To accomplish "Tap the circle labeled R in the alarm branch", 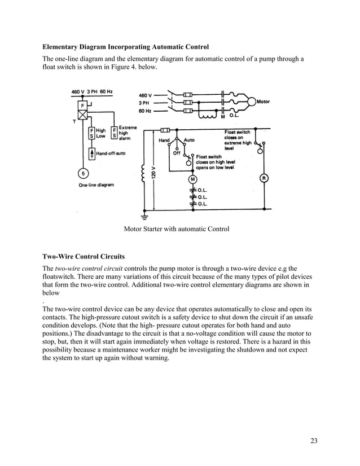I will (x=263, y=178).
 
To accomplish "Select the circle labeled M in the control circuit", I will (x=192, y=179).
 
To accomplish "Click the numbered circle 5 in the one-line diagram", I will (x=82, y=173).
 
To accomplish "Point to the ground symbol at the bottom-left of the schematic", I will (x=145, y=216).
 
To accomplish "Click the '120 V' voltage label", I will (x=153, y=172).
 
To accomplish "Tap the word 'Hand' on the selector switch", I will (x=164, y=140).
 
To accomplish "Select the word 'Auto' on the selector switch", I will (x=190, y=140).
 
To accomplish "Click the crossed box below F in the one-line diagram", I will (x=82, y=115).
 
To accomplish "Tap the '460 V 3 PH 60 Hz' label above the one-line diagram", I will (x=92, y=91).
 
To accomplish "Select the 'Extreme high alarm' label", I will (x=127, y=133).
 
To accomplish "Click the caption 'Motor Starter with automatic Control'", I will (x=176, y=228).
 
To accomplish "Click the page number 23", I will (x=313, y=441).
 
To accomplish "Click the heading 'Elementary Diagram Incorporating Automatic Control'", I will (x=126, y=47).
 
